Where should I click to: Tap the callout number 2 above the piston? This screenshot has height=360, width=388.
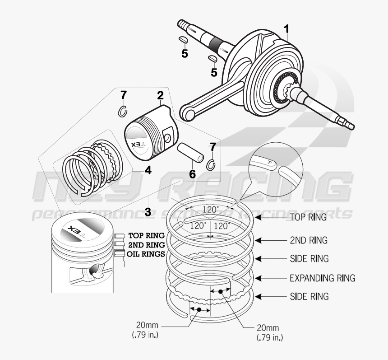(x=160, y=95)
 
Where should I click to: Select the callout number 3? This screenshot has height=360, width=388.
(x=148, y=211)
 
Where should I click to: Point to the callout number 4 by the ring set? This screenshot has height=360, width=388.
(x=148, y=170)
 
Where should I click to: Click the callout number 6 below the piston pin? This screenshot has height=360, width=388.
(x=192, y=173)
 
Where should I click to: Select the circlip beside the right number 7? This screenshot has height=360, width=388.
(x=211, y=165)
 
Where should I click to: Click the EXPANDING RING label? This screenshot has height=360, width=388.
(x=322, y=278)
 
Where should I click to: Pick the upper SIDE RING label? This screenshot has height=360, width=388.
(x=309, y=259)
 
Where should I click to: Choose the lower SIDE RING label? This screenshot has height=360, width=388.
(x=309, y=296)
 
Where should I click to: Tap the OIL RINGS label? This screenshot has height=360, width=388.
(x=145, y=254)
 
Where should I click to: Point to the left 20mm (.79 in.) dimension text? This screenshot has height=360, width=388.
(x=145, y=330)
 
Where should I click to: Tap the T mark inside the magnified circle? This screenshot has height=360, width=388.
(x=270, y=162)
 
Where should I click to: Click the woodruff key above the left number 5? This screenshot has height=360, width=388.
(x=183, y=40)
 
